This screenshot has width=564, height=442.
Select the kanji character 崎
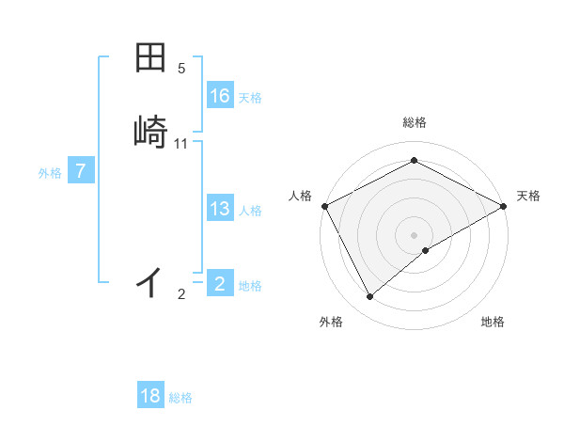pyautogui.click(x=151, y=131)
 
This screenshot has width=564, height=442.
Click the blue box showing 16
pyautogui.click(x=220, y=96)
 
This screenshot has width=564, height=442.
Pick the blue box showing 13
pyautogui.click(x=220, y=209)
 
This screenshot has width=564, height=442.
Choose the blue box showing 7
pyautogui.click(x=81, y=171)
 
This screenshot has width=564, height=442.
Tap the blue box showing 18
pyautogui.click(x=150, y=396)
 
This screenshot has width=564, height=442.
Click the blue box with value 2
pyautogui.click(x=220, y=283)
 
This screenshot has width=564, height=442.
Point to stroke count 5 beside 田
pyautogui.click(x=181, y=69)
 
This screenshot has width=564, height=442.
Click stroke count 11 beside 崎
pyautogui.click(x=181, y=144)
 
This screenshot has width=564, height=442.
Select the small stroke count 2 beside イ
pyautogui.click(x=181, y=294)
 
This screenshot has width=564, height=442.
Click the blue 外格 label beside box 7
pyautogui.click(x=50, y=173)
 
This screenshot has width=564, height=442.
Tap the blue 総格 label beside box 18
pyautogui.click(x=180, y=399)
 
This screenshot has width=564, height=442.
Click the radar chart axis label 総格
pyautogui.click(x=414, y=122)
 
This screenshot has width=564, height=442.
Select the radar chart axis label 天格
pyautogui.click(x=528, y=196)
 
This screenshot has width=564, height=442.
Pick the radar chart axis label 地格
pyautogui.click(x=493, y=322)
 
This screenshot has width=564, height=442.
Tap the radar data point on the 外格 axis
pyautogui.click(x=370, y=296)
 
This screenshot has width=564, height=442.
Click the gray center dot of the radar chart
pyautogui.click(x=414, y=234)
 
